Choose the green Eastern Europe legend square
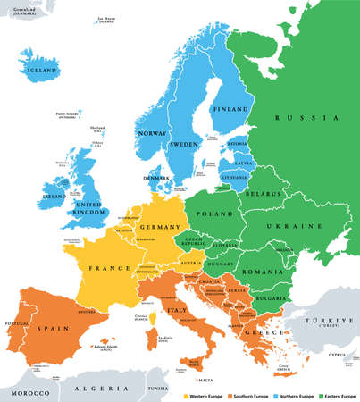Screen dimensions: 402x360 coord(319,391)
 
